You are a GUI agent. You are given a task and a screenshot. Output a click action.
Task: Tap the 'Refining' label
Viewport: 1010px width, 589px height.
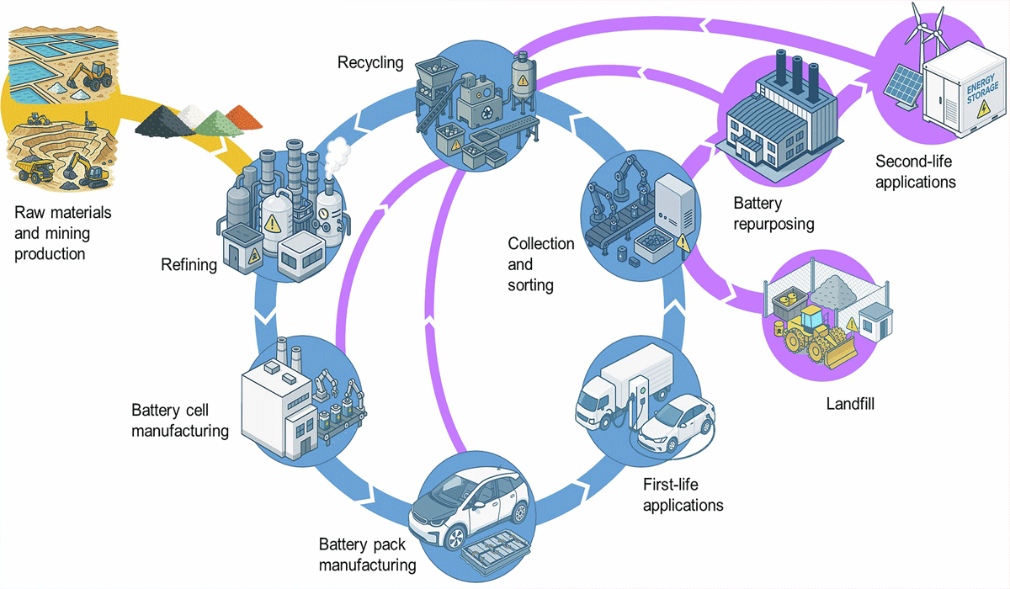pyautogui.click(x=189, y=266)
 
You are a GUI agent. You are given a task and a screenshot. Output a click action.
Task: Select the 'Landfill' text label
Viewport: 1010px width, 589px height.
pyautogui.click(x=849, y=404)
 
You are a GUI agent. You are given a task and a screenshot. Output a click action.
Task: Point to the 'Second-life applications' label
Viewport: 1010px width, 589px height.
pyautogui.click(x=917, y=171)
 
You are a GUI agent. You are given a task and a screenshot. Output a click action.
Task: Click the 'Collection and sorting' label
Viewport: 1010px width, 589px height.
pyautogui.click(x=540, y=264)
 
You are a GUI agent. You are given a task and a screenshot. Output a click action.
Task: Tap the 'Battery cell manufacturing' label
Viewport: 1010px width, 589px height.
pyautogui.click(x=180, y=421)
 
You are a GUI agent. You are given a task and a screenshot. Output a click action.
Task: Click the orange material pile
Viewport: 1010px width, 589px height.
pyautogui.click(x=247, y=114)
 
